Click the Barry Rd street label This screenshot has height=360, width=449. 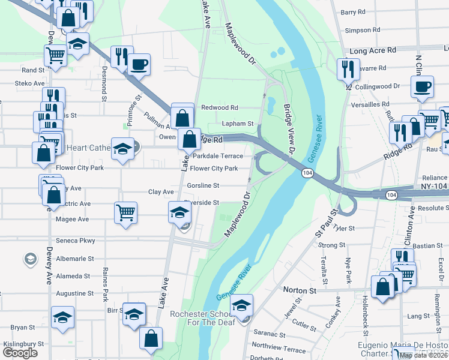pos(352,12)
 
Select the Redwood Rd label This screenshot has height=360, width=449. pos(220,108)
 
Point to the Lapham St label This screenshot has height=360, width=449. pos(238,124)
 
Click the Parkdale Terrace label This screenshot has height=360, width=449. pos(218,156)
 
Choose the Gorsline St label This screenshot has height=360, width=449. pos(203,185)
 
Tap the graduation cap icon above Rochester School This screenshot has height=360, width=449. pos(241,305)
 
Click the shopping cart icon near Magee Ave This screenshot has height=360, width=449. pos(125,212)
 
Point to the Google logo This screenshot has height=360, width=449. pos(20,353)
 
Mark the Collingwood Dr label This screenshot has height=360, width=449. pos(378,86)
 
